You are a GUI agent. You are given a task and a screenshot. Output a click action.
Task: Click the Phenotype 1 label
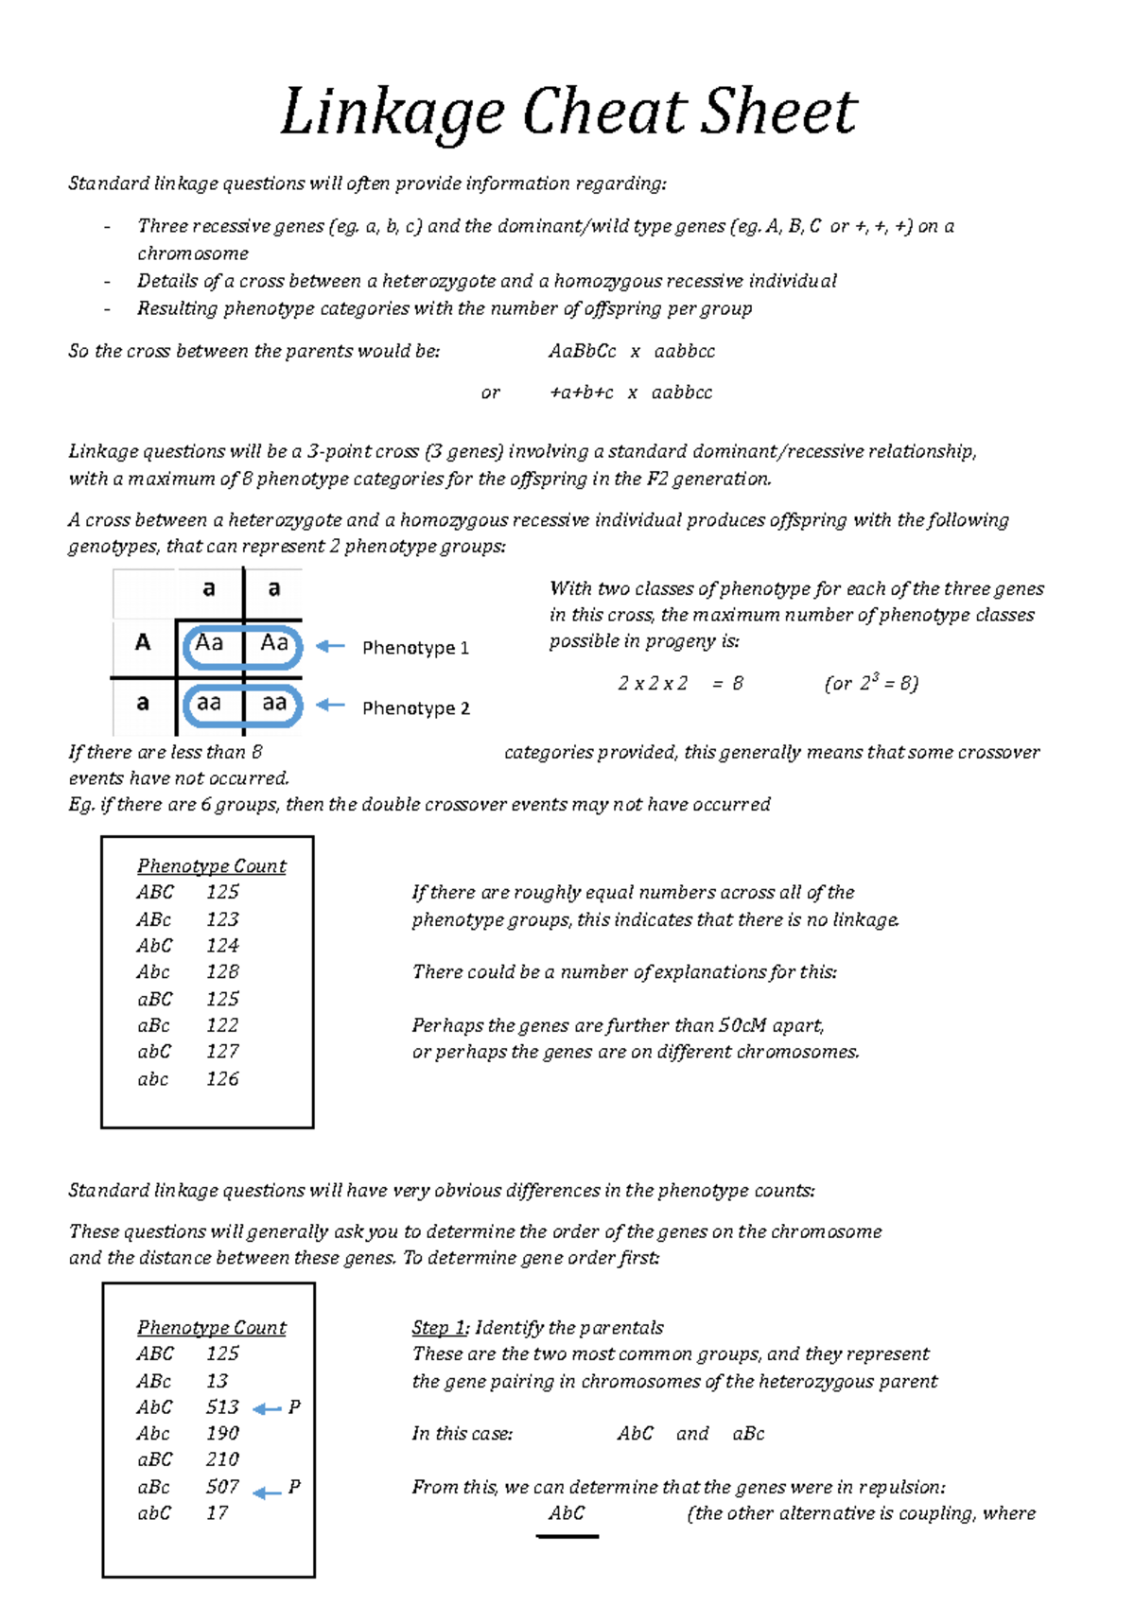click(x=415, y=648)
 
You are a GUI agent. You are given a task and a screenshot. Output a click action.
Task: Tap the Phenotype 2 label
click(x=415, y=708)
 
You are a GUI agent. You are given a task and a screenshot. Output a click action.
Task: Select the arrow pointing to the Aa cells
click(x=329, y=646)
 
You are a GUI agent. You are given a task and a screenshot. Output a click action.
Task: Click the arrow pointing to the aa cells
click(x=329, y=705)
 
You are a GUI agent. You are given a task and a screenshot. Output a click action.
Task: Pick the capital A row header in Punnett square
click(x=143, y=643)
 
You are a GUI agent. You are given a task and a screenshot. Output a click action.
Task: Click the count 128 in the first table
click(x=222, y=971)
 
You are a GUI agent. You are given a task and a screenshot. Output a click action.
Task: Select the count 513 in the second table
click(x=222, y=1406)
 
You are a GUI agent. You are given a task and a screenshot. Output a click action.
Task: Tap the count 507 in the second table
click(x=222, y=1486)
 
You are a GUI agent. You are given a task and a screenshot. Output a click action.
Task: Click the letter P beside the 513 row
click(x=294, y=1407)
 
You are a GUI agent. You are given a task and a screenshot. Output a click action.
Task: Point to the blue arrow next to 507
click(x=267, y=1493)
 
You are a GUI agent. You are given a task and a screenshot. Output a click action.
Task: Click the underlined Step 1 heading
click(x=439, y=1327)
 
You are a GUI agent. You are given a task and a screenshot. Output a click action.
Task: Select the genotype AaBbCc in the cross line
click(x=582, y=351)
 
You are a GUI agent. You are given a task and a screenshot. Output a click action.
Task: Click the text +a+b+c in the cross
click(x=582, y=393)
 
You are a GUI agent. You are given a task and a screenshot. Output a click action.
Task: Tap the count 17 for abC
click(x=217, y=1512)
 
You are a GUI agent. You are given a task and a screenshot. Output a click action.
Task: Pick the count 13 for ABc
click(x=217, y=1381)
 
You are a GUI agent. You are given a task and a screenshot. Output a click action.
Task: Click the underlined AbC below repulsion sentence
click(x=567, y=1512)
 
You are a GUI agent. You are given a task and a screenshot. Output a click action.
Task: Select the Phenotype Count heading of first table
click(x=211, y=865)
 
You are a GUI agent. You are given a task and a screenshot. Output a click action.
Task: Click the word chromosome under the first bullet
click(x=193, y=253)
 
